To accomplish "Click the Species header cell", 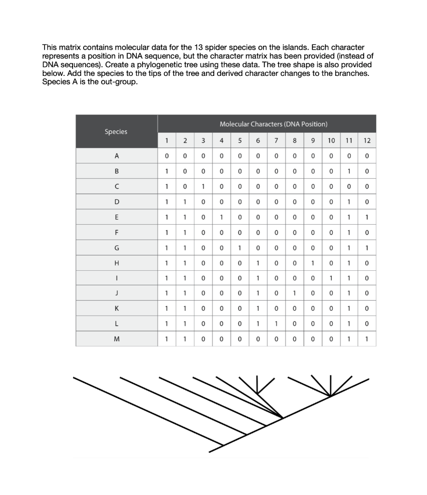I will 116,131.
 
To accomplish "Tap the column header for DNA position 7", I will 276,141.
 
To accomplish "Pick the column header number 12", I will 367,141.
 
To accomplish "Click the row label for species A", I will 116,156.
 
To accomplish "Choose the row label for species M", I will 116,338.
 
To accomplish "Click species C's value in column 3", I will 203,187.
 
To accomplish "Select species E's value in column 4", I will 221,217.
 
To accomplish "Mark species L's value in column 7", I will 276,323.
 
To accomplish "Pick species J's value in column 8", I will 294,293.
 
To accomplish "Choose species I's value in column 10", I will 331,278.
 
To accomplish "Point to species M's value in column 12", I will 367,338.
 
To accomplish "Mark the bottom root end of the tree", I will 210,452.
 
